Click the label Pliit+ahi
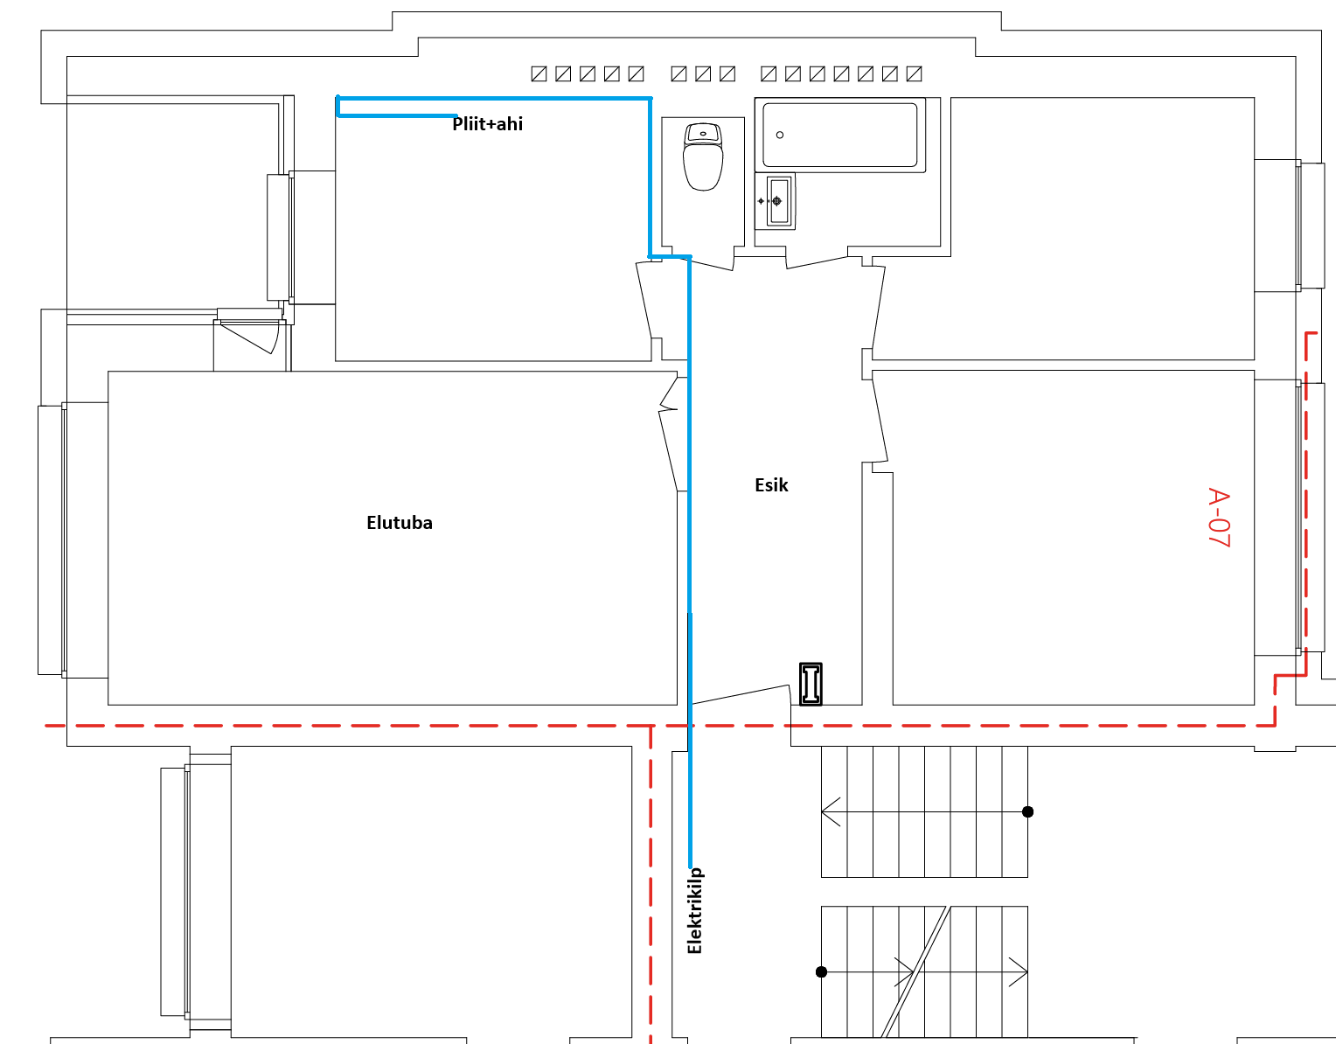[488, 124]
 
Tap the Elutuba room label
[400, 523]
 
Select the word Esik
[771, 485]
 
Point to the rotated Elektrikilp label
[695, 910]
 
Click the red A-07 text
[1219, 517]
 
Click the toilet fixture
[703, 157]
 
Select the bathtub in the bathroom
[840, 136]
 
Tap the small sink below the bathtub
[776, 201]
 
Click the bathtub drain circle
[780, 135]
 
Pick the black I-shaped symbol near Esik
[811, 684]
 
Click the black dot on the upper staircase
[1027, 811]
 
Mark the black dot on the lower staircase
[821, 972]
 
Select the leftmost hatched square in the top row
[539, 73]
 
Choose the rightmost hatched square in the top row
[915, 73]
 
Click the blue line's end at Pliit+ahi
[456, 115]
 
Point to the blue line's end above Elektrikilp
[690, 866]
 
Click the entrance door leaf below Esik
[741, 694]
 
